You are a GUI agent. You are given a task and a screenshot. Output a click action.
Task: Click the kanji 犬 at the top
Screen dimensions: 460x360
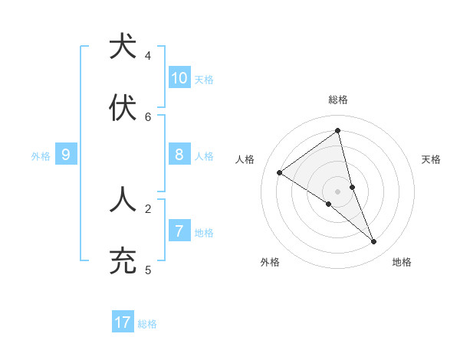[123, 46]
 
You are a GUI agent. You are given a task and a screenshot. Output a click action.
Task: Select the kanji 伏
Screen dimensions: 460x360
[123, 109]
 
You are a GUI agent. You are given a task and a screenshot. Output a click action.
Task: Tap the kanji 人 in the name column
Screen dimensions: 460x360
[123, 200]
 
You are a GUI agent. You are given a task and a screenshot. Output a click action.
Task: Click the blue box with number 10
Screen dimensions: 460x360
[179, 78]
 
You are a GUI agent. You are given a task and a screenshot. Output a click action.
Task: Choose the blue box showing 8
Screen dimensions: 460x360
[179, 155]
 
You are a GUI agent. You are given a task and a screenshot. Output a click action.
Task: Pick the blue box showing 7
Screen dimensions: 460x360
[179, 231]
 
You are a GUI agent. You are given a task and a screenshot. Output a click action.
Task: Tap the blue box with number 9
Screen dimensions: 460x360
[66, 155]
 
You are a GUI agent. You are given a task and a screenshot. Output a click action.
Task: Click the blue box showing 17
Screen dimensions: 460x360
[123, 322]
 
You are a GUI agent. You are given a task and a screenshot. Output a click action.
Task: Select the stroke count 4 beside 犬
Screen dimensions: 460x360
[148, 56]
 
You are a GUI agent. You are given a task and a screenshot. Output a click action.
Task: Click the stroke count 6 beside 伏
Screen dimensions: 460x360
[148, 117]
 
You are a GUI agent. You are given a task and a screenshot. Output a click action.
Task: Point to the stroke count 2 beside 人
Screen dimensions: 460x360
[148, 208]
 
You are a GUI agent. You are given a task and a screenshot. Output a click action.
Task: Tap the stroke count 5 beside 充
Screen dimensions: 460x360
[148, 270]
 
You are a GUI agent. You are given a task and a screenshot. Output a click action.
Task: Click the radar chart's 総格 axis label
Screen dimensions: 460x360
[338, 100]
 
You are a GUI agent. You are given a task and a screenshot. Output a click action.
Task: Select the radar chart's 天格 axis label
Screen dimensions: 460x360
[431, 159]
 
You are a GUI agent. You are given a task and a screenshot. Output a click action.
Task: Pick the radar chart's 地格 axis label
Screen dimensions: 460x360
[402, 262]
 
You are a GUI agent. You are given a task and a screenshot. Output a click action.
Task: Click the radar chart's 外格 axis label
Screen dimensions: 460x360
[270, 262]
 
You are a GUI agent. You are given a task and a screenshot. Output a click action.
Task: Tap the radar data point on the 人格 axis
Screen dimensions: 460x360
[279, 172]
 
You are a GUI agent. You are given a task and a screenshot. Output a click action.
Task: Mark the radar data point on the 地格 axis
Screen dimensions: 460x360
[374, 241]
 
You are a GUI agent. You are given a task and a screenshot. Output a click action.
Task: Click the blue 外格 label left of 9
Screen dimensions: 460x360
[41, 156]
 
